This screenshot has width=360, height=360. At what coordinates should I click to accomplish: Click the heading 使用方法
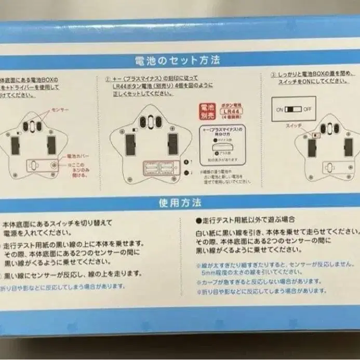[x=180, y=203]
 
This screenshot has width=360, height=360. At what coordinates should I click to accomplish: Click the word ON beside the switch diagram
[x=279, y=110]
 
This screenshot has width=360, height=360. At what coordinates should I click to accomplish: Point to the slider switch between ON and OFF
[x=294, y=110]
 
